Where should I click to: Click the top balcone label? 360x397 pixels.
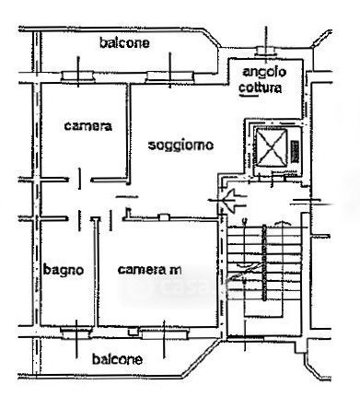pos(124,42)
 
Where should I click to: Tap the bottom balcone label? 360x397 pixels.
pos(117,359)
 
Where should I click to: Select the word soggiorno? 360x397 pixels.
pos(180,145)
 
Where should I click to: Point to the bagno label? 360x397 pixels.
pos(64,270)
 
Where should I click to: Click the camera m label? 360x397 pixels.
pos(149,270)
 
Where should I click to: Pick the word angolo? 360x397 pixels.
pos(264,73)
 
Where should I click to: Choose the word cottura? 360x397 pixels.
pos(260,88)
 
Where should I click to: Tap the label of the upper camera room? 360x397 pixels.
pos(87,126)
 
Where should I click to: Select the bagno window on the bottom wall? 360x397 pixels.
pos(75,333)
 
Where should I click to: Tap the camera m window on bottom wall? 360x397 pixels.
pos(164,333)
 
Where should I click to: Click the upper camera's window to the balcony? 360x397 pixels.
pos(77,76)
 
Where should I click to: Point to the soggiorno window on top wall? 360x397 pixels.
pos(170,77)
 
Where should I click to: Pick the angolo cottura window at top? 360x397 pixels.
pos(266,51)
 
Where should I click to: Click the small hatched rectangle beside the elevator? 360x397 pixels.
pos(295,151)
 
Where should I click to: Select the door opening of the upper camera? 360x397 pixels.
pos(80,180)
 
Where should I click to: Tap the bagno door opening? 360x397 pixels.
pos(79,219)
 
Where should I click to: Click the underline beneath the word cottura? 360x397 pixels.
pos(249,96)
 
